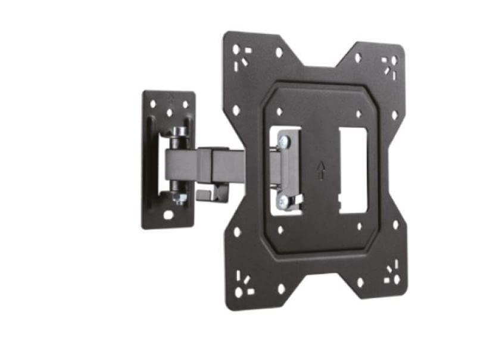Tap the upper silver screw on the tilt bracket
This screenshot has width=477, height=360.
click(x=284, y=142)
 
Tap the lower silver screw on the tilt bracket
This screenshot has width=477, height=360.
click(x=284, y=201)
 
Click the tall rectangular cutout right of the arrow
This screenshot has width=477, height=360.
click(x=353, y=170)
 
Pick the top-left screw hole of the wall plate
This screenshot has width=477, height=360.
click(x=153, y=104)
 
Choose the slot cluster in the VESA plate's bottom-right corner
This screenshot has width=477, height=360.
click(x=391, y=276)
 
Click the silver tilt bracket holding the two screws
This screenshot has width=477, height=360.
click(x=289, y=171)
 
